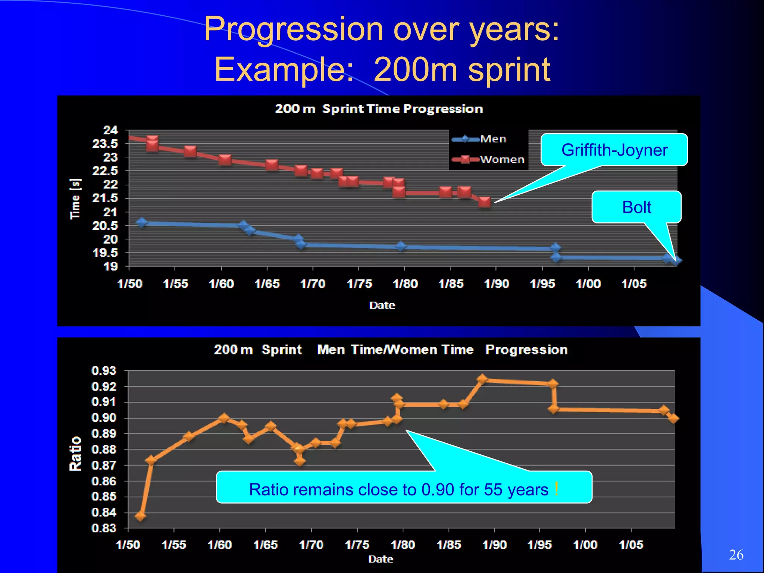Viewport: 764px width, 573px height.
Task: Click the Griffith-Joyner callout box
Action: click(614, 150)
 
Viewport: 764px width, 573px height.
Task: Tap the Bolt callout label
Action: click(636, 207)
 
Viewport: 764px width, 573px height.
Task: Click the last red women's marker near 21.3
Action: click(484, 202)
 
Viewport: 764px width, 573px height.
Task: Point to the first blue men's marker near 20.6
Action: click(142, 222)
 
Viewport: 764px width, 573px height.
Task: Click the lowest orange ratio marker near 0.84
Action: click(141, 516)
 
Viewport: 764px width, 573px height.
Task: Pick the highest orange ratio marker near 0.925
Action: click(482, 379)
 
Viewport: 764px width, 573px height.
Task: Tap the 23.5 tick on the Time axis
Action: click(105, 144)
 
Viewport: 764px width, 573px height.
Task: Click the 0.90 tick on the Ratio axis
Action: click(104, 417)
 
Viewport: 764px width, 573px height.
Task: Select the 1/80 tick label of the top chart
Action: click(405, 284)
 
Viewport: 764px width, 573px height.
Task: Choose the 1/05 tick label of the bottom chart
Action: click(631, 545)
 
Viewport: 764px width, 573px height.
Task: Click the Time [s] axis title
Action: click(75, 199)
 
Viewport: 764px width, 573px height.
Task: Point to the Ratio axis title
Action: click(75, 454)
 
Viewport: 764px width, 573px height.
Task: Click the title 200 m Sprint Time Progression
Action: click(379, 109)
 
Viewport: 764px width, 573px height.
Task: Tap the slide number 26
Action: click(736, 555)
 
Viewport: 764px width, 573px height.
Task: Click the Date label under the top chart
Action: click(382, 305)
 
